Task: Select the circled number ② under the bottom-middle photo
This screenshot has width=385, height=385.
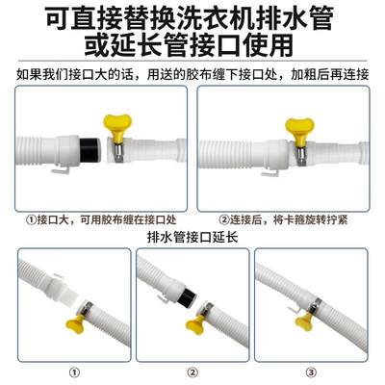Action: pos(192,370)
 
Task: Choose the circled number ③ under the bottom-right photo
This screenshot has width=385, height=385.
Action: pos(310,370)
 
